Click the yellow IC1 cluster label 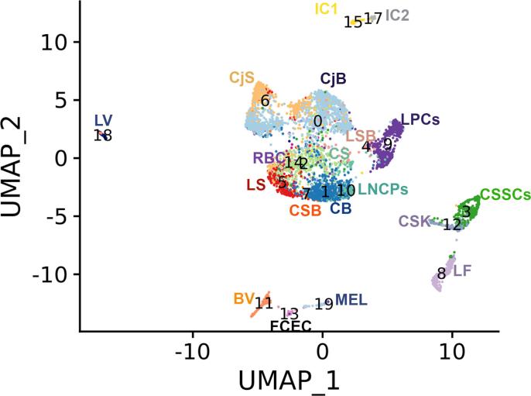327,9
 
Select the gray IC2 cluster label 398,14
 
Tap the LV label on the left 104,120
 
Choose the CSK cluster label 414,222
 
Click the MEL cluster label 351,300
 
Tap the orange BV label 244,298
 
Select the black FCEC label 291,326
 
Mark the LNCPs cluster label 383,189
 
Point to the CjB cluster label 333,77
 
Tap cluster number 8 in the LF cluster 441,273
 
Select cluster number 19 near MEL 324,304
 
